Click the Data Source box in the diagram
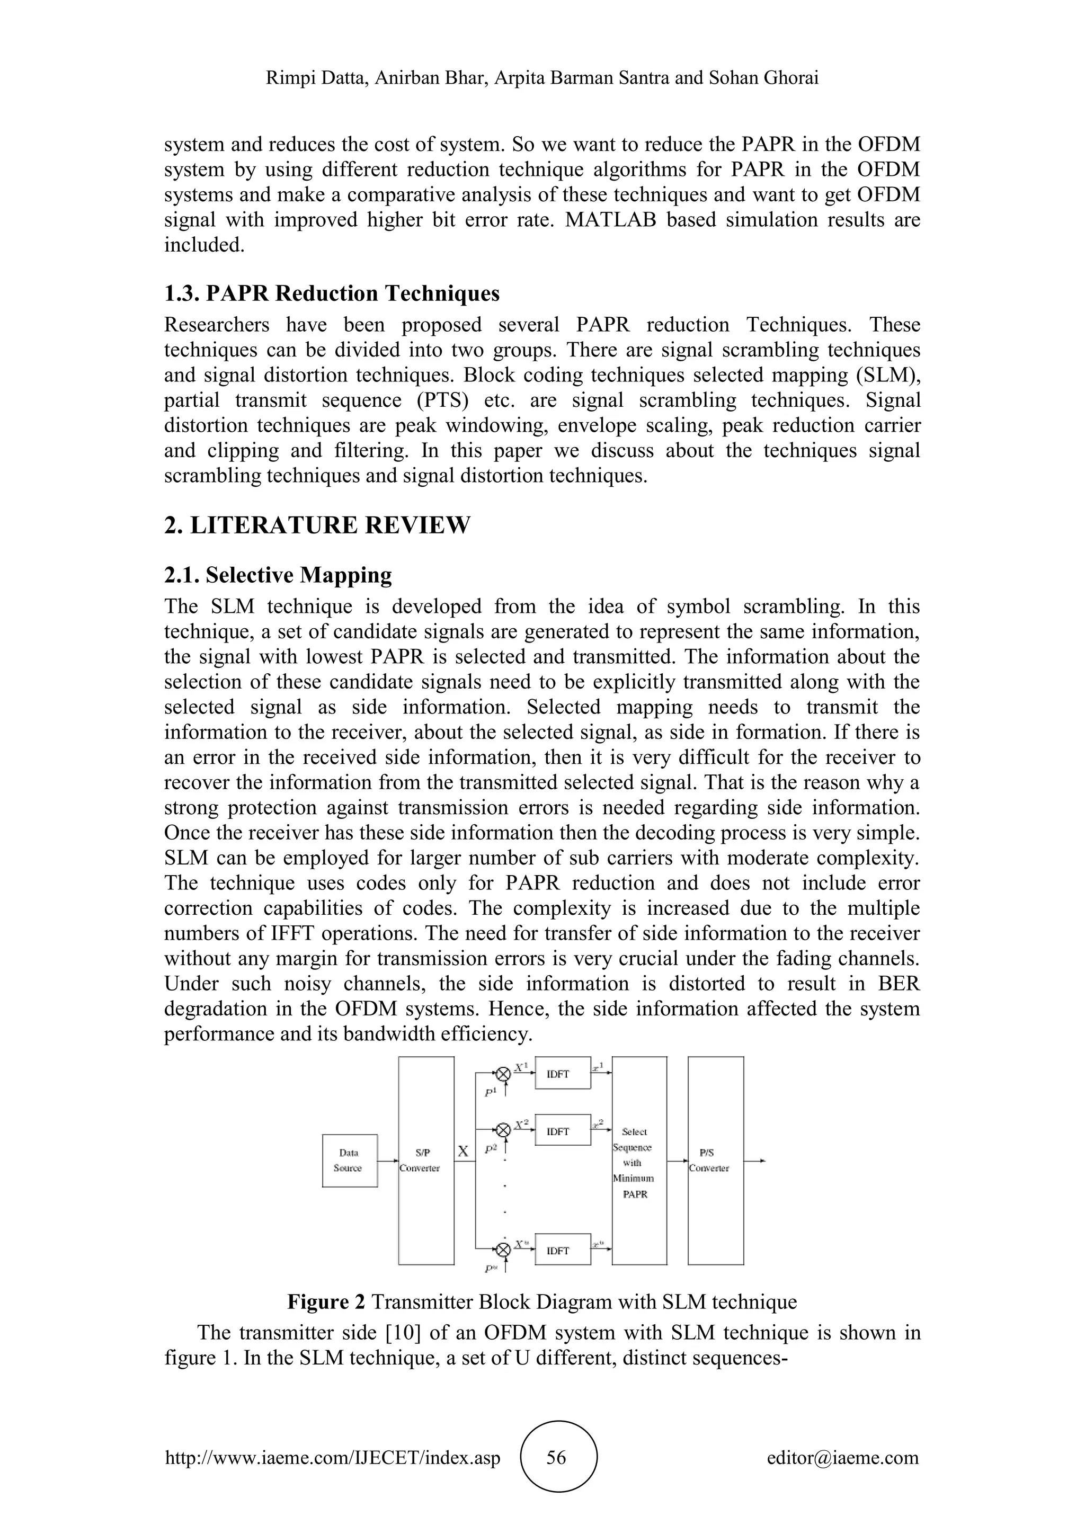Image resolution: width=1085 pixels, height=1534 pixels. coord(350,1161)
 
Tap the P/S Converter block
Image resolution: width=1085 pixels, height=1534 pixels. coord(716,1161)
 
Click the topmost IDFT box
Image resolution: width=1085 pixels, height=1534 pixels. coord(563,1074)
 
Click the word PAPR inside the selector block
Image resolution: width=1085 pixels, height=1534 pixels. coord(635,1194)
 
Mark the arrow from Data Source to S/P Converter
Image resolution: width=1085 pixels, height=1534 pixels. coord(387,1161)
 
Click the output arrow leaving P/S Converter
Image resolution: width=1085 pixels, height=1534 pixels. coord(754,1161)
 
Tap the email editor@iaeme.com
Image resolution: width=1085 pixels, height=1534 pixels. coord(842,1457)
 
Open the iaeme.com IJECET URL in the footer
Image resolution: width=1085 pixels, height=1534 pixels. coord(332,1457)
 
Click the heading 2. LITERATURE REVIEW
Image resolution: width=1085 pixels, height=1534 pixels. coord(317,525)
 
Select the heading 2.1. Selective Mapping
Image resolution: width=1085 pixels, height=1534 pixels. coord(278,575)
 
